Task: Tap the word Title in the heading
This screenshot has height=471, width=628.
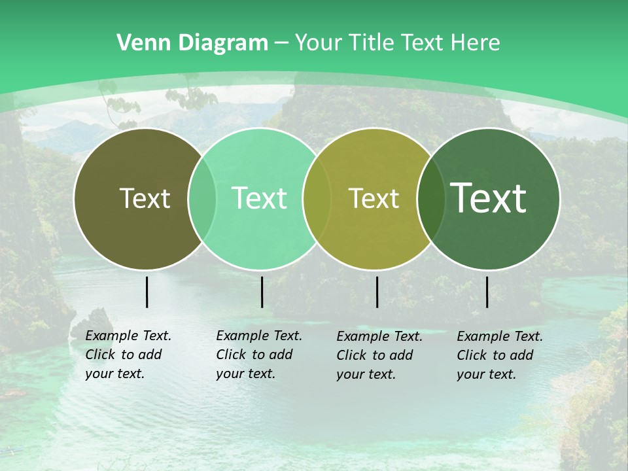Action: click(x=371, y=43)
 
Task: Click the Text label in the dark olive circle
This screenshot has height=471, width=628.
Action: click(x=145, y=198)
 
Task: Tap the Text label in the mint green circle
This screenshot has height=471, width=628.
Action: click(x=259, y=198)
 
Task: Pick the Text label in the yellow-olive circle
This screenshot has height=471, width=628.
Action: click(x=374, y=198)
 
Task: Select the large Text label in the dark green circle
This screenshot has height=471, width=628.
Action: click(x=489, y=198)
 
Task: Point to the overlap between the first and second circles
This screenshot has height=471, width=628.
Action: click(x=202, y=198)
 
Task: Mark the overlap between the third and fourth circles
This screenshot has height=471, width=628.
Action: click(x=431, y=198)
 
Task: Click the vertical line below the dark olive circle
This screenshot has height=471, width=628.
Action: click(x=147, y=292)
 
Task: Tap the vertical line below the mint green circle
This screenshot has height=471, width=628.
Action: click(x=262, y=292)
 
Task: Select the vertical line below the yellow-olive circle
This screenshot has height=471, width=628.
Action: click(x=377, y=292)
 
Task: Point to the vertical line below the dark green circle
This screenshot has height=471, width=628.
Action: click(x=487, y=292)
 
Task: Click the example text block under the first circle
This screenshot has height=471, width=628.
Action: click(x=128, y=355)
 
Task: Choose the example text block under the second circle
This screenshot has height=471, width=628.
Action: click(x=258, y=355)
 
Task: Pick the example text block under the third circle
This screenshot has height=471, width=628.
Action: click(x=379, y=355)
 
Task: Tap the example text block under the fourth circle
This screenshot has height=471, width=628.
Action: click(x=499, y=355)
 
